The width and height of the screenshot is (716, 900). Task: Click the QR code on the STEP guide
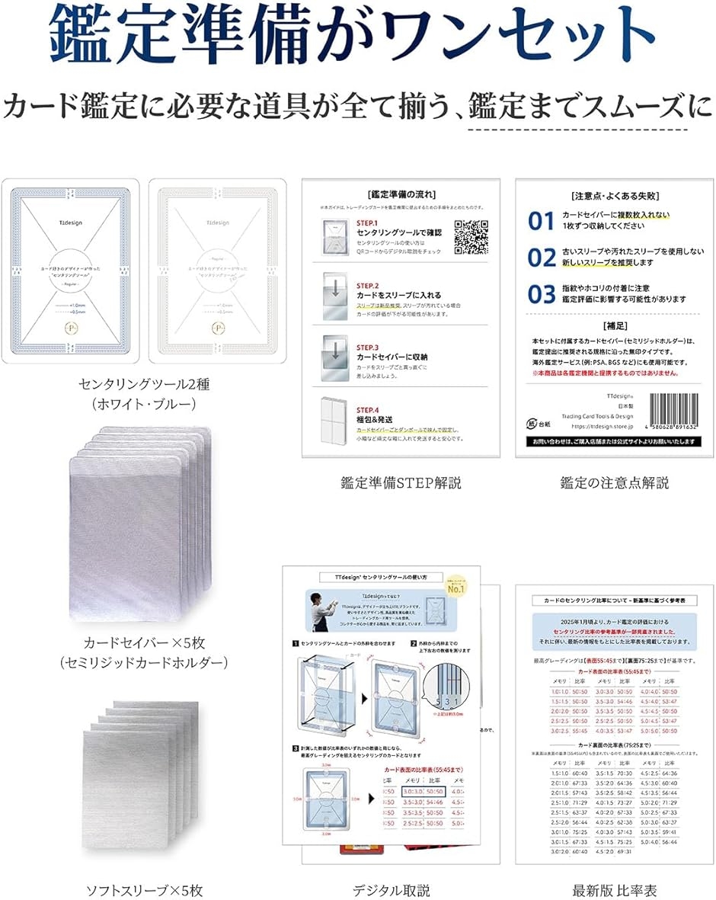(x=470, y=235)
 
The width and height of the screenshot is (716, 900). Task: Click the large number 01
(x=542, y=221)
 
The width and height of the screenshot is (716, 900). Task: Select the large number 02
(x=542, y=257)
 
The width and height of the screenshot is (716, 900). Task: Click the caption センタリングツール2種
(x=144, y=384)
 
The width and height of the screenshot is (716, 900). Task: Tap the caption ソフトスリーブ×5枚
(x=144, y=889)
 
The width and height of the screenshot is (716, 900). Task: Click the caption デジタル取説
(x=392, y=889)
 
